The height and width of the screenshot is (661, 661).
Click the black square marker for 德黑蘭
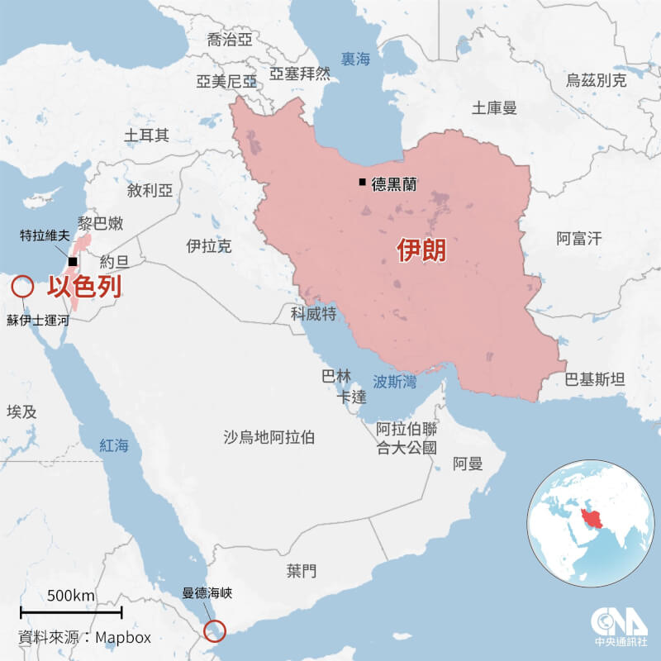[362, 183]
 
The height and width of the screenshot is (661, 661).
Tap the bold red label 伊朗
[421, 250]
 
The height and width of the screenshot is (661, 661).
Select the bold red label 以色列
[83, 287]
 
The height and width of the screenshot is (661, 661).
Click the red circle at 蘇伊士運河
[22, 287]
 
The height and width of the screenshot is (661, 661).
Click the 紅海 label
[115, 445]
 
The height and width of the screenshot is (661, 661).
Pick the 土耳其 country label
[146, 135]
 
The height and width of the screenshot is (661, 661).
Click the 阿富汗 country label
[578, 240]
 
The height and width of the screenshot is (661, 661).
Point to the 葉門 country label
[302, 570]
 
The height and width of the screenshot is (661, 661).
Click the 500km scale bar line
[71, 612]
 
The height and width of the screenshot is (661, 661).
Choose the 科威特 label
[313, 313]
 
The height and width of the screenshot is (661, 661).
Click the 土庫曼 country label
[494, 107]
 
